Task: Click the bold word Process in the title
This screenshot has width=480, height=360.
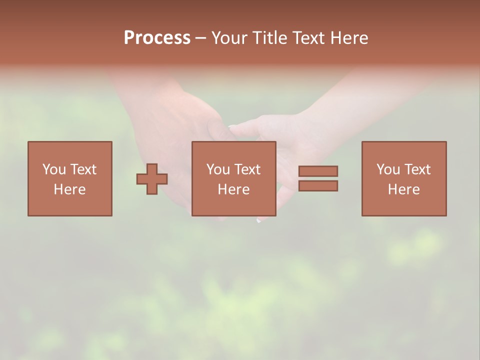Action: click(x=157, y=38)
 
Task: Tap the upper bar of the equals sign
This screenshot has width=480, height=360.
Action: click(x=318, y=171)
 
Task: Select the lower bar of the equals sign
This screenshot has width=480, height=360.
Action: click(x=318, y=186)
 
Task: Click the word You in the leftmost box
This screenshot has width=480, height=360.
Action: click(x=54, y=169)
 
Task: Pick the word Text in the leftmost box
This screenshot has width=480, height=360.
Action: click(x=83, y=169)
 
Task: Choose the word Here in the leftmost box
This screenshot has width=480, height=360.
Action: click(x=69, y=189)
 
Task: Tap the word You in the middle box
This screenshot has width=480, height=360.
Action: click(x=218, y=169)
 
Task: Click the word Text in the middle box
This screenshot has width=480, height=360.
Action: click(x=247, y=169)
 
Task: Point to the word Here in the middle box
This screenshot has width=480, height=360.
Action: click(x=233, y=189)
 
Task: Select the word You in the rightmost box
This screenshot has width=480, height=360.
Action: click(x=388, y=169)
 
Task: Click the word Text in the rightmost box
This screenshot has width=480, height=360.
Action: click(x=417, y=169)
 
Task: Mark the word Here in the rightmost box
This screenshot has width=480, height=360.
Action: click(x=403, y=189)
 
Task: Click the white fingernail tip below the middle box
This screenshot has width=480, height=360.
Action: click(x=258, y=219)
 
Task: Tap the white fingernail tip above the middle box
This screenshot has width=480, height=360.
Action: click(x=232, y=127)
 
